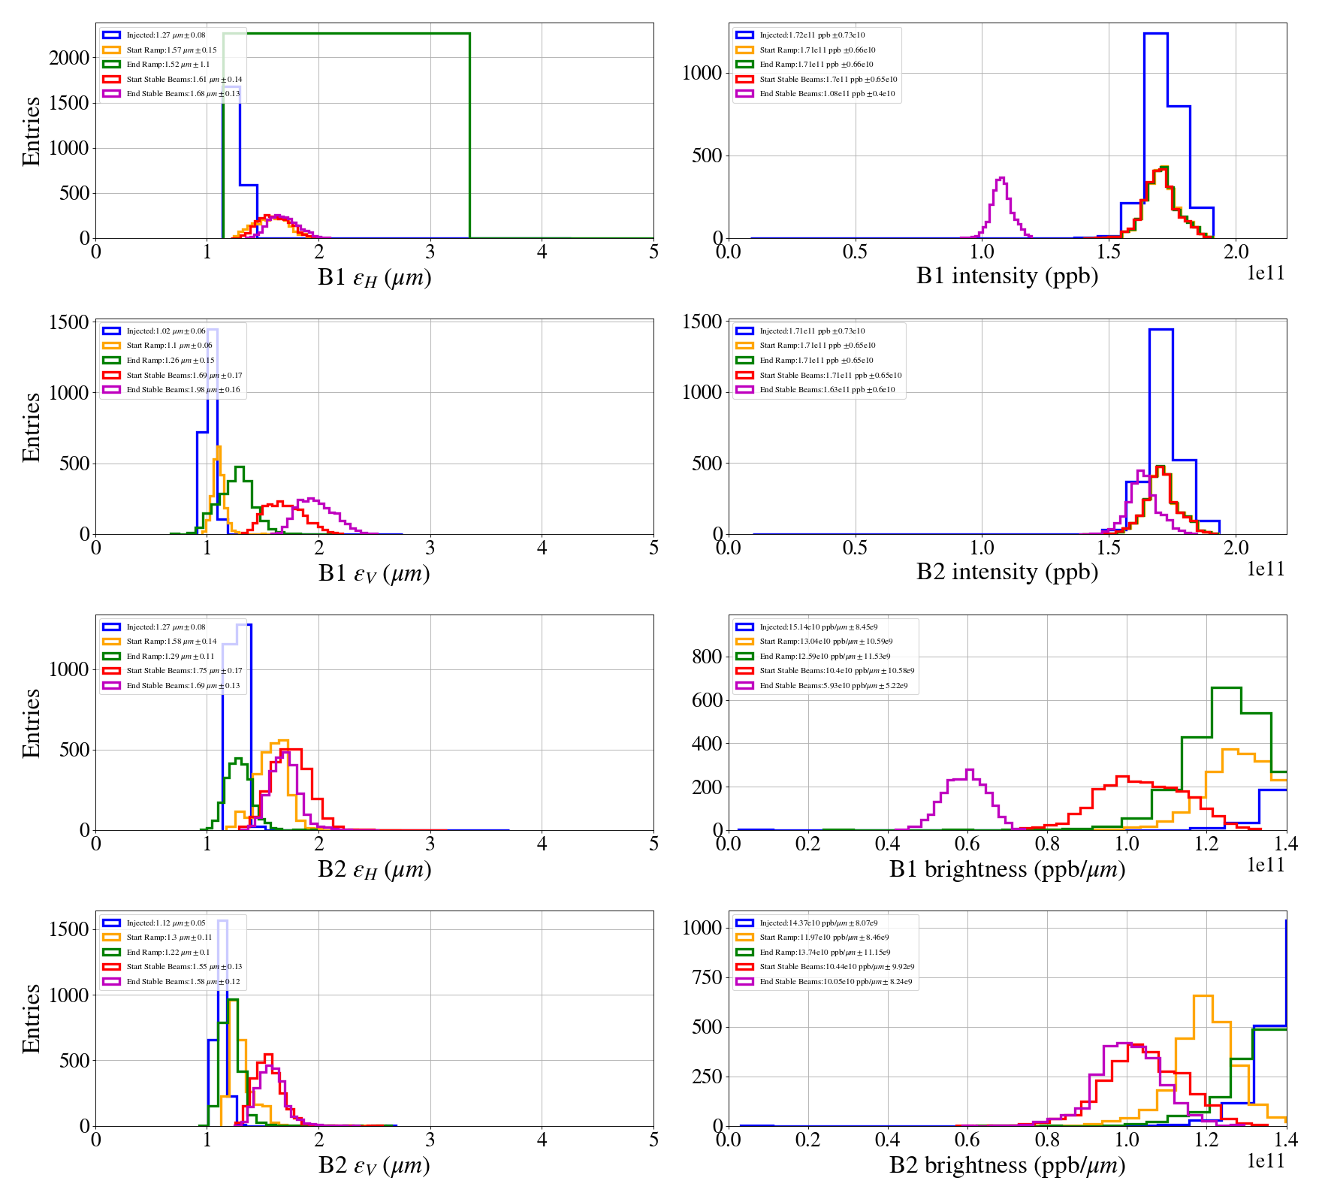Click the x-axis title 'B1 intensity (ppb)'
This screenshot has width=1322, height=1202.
[x=1007, y=276]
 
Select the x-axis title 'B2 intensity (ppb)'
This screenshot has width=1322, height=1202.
[x=1007, y=572]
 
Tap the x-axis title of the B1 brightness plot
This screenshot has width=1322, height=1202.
[x=1007, y=869]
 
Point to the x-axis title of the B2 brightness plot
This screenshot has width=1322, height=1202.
[x=1007, y=1165]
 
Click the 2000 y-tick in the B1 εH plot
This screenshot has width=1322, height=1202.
[x=69, y=59]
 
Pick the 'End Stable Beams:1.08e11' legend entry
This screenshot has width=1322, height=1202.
[x=826, y=94]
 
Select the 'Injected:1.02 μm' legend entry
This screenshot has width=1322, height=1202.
[x=165, y=331]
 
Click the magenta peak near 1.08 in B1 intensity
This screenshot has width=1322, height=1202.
[x=1001, y=179]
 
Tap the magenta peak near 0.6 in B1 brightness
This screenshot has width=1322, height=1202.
[x=969, y=770]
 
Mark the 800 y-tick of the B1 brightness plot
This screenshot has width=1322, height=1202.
[x=707, y=657]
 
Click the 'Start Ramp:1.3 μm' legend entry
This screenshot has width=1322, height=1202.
[x=169, y=938]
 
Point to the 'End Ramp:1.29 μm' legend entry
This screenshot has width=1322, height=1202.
[x=170, y=657]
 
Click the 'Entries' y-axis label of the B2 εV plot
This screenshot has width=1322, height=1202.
[x=32, y=1019]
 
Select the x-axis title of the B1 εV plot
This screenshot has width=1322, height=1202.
[x=374, y=574]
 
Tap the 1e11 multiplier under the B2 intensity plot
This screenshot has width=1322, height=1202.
[x=1266, y=569]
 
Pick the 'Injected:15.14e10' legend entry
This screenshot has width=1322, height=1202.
[x=818, y=627]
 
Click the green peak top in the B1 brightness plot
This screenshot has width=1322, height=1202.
[x=1226, y=688]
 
